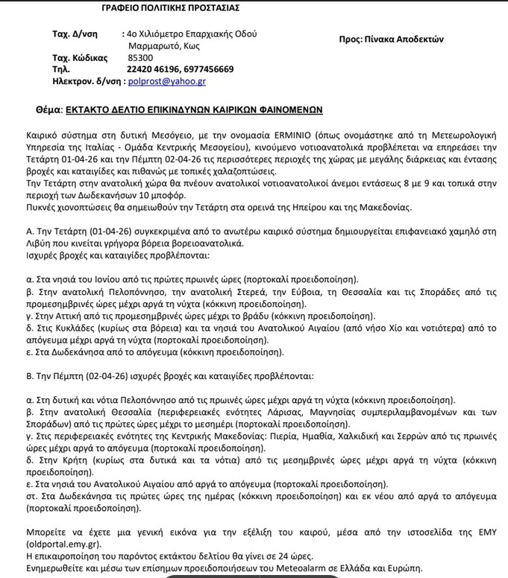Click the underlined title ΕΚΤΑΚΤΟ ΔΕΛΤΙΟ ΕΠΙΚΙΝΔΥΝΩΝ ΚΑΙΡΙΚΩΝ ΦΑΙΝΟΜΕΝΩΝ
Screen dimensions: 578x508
tap(193, 108)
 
